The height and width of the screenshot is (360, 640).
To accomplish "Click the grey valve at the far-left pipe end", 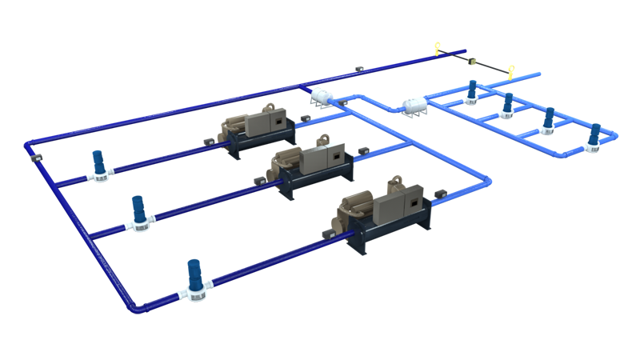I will click(34, 161).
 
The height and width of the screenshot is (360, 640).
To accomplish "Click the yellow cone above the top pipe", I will click(436, 48).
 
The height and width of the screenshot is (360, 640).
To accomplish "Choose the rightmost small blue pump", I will click(593, 136).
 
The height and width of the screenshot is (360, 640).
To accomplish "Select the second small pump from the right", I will click(549, 120).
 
